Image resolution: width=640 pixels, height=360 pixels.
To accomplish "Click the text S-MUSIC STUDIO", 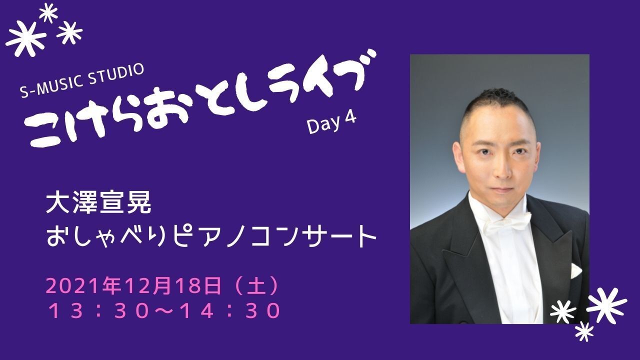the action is (82, 81).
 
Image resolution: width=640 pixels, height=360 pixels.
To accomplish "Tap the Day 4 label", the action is (331, 123).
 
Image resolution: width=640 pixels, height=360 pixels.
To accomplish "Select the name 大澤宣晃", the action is (98, 204).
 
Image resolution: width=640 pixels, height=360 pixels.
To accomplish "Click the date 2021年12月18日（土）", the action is (162, 285).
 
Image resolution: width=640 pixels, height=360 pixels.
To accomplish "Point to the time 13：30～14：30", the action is (164, 310).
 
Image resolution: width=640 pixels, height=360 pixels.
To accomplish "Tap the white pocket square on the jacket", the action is (575, 271).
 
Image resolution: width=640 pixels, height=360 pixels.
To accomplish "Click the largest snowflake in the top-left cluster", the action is (25, 38).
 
